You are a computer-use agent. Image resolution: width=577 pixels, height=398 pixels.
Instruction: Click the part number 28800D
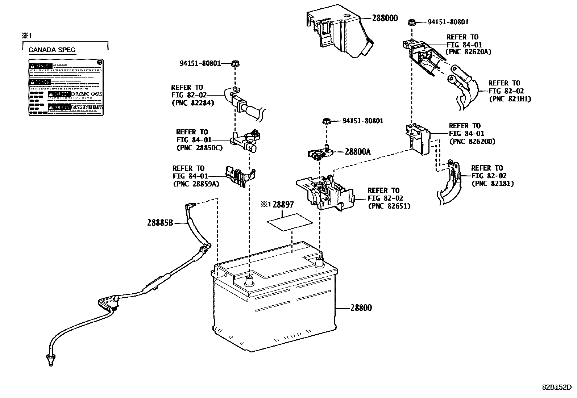(385, 18)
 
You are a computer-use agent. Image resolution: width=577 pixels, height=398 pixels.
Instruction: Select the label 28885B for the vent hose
(160, 223)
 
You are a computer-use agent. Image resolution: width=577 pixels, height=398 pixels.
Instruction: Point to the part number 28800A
(357, 152)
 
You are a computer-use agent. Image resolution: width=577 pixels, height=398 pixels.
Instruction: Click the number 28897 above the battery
(283, 205)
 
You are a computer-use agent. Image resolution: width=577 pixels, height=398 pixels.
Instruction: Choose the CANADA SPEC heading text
(52, 50)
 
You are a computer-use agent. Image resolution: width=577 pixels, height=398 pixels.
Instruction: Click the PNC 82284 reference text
(192, 103)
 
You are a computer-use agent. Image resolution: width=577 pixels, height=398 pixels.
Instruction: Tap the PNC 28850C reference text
(199, 148)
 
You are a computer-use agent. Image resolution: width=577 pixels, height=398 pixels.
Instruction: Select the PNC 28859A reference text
(196, 184)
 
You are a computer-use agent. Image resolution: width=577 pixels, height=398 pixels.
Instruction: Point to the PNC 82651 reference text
(389, 206)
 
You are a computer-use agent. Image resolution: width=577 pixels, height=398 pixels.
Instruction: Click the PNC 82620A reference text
(468, 52)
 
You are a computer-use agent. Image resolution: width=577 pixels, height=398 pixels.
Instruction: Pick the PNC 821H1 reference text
(510, 99)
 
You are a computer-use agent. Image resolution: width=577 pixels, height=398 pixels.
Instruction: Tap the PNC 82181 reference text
(493, 184)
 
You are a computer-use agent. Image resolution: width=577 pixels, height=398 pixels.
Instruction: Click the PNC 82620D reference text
(472, 142)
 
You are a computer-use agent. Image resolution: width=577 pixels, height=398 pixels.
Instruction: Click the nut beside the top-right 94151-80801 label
(412, 22)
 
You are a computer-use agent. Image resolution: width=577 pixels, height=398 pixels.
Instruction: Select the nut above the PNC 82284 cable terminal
(235, 64)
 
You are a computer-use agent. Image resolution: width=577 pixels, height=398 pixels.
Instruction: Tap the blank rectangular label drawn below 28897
(290, 222)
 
